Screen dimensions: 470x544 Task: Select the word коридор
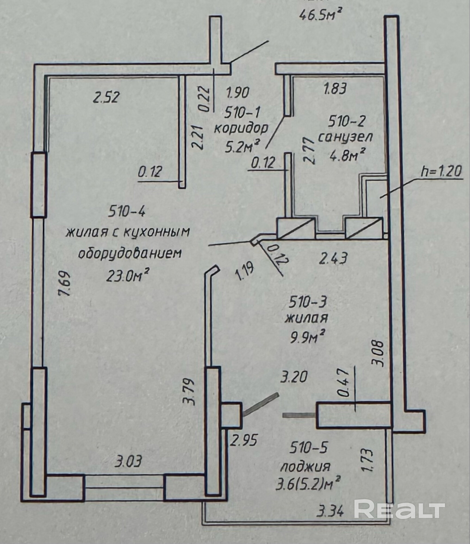coord(241,128)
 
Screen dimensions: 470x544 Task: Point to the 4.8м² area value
coord(347,155)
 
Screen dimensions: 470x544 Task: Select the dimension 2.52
coord(106,97)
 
